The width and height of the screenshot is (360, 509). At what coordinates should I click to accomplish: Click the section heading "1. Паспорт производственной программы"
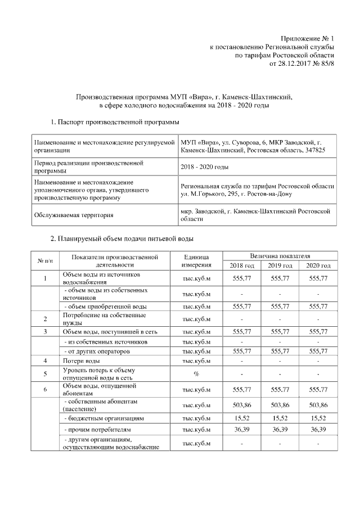[115, 121]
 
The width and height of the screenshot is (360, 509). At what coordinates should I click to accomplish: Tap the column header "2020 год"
[318, 265]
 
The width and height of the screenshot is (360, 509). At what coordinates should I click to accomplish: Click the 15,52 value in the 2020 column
[318, 418]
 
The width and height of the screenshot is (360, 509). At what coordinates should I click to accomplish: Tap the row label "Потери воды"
[82, 360]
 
